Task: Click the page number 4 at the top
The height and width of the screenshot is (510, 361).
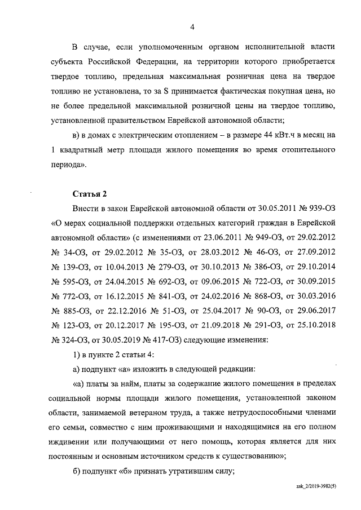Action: click(x=192, y=26)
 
